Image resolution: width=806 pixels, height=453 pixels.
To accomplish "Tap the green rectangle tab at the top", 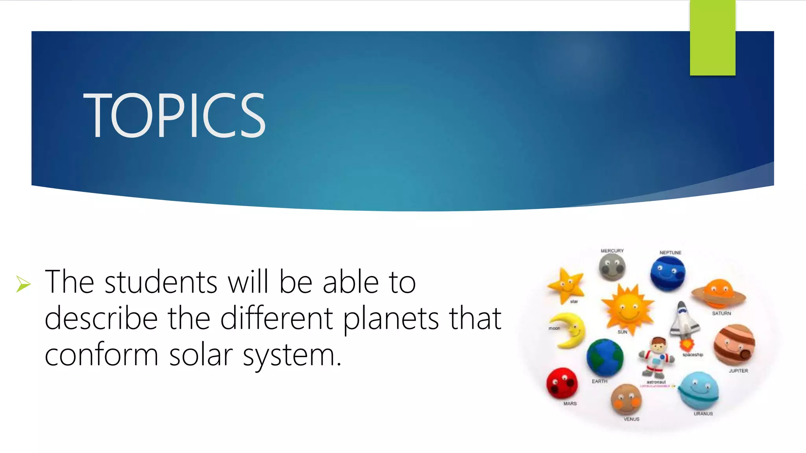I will click(x=712, y=38).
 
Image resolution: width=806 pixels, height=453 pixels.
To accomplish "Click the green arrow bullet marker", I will click(x=23, y=284).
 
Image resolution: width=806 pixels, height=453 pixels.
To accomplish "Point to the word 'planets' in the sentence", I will click(x=391, y=319).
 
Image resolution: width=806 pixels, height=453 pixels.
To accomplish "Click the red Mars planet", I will click(x=562, y=383).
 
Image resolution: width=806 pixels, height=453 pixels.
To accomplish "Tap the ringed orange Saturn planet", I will click(x=719, y=293).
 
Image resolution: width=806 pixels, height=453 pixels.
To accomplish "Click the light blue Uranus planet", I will click(x=699, y=390).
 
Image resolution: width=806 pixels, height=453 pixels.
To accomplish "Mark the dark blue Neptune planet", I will click(x=667, y=273).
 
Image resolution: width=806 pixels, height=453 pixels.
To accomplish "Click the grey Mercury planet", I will click(x=612, y=267).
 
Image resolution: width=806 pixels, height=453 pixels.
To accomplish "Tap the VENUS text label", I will click(x=631, y=419).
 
